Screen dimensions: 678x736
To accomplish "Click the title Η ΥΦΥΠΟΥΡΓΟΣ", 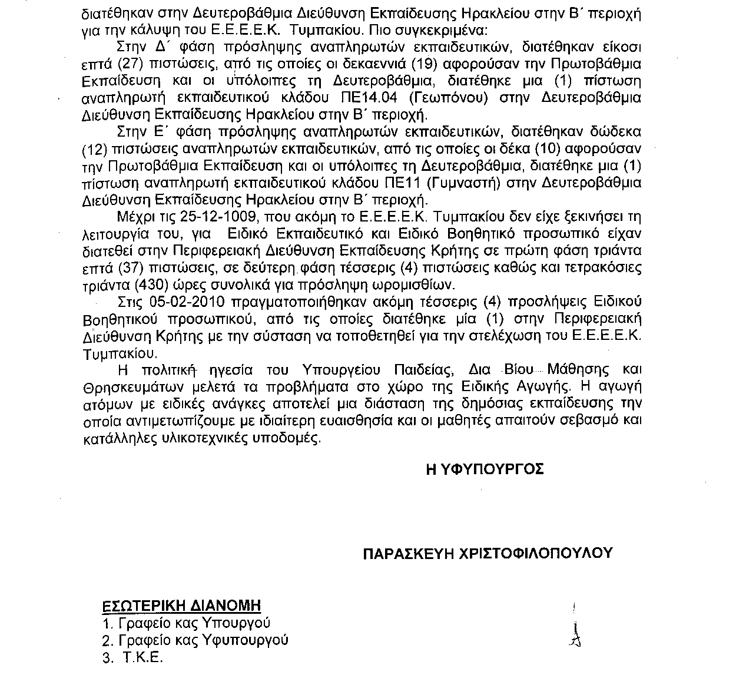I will pyautogui.click(x=484, y=469).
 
